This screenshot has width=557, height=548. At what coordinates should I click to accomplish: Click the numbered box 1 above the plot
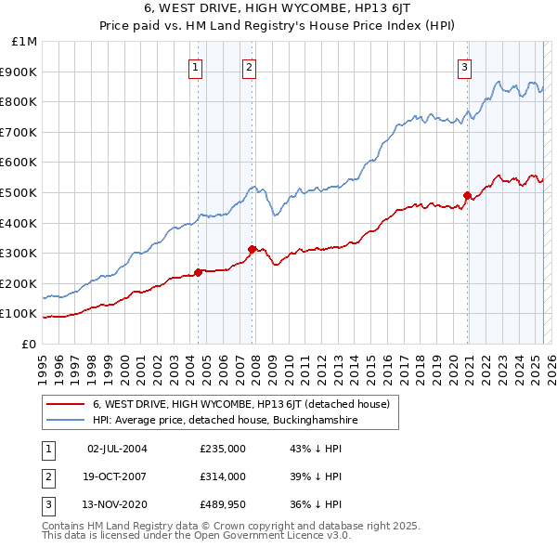point(197,66)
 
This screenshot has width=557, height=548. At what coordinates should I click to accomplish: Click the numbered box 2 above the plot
point(251,66)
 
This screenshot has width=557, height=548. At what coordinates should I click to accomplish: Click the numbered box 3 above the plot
point(464,66)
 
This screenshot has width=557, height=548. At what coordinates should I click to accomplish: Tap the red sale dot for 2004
point(198,272)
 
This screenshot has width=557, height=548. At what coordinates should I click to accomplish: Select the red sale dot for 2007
point(253,249)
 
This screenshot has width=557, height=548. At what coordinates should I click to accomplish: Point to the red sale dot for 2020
point(467,195)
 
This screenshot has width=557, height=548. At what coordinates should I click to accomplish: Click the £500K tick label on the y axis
point(19,192)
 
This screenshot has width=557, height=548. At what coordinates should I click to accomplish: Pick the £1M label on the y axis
point(25,42)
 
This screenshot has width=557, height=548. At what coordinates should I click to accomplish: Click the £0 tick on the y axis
point(30,344)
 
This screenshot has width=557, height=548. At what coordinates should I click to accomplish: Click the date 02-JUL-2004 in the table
point(117,449)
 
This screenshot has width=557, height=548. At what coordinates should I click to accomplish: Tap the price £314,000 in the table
point(223,476)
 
